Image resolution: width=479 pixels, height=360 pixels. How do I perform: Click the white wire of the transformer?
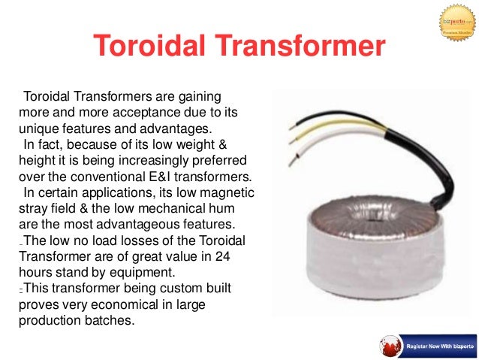tap(315, 147)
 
